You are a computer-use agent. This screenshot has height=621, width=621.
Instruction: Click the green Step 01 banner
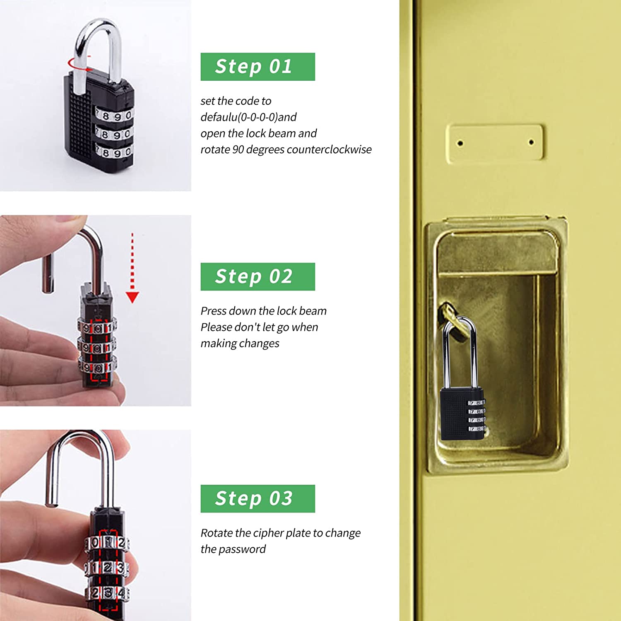pyautogui.click(x=258, y=67)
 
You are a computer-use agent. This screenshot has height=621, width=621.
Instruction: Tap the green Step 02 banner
pyautogui.click(x=258, y=277)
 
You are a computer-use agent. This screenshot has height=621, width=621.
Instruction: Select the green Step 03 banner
pyautogui.click(x=258, y=498)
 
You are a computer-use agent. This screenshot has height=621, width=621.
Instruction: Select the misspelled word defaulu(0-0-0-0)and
pyautogui.click(x=248, y=117)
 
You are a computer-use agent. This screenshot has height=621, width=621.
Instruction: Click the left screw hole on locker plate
pyautogui.click(x=460, y=144)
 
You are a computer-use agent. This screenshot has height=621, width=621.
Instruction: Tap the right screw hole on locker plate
pyautogui.click(x=531, y=142)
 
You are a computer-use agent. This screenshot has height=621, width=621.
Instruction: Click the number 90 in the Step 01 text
pyautogui.click(x=238, y=149)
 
